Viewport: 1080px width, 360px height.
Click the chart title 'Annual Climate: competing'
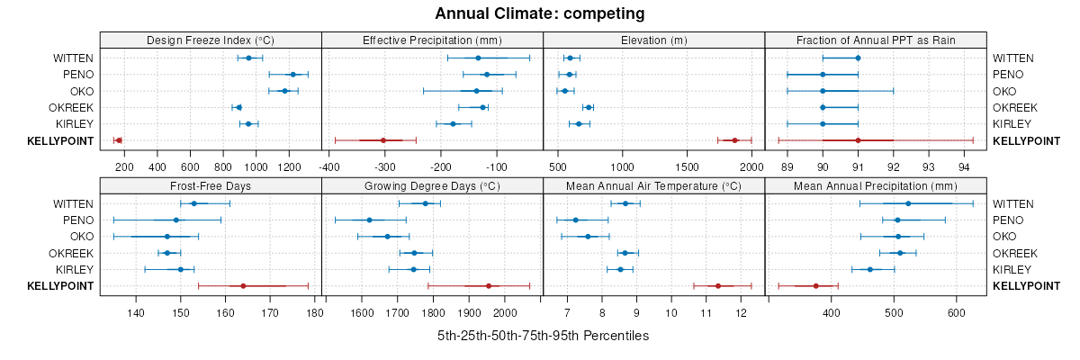pos(539,13)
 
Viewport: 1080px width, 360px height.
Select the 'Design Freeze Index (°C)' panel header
pos(211,40)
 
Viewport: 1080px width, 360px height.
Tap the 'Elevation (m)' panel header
pos(654,40)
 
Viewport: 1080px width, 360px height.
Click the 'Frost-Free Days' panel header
pos(211,186)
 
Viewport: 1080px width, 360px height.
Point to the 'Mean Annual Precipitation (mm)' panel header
pos(876,186)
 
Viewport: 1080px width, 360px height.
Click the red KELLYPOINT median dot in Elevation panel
pos(734,140)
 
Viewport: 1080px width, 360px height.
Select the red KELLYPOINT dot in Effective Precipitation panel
pos(383,140)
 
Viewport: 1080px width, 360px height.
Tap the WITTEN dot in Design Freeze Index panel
pos(248,58)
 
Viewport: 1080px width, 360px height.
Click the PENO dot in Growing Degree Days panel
pos(369,220)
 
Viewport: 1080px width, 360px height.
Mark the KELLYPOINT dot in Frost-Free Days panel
pos(243,286)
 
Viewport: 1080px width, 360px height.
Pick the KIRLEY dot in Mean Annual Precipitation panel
pos(869,269)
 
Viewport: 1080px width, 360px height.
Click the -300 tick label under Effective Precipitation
pos(384,166)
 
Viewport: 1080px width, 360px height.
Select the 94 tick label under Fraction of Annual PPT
pos(964,166)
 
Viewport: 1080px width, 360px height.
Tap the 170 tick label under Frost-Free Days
pos(270,312)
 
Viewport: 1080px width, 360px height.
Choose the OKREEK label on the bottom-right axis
pos(1014,253)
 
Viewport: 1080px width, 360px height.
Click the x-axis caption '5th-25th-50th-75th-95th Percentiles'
pos(543,336)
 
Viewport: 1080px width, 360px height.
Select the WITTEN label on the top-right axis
pos(1012,58)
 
